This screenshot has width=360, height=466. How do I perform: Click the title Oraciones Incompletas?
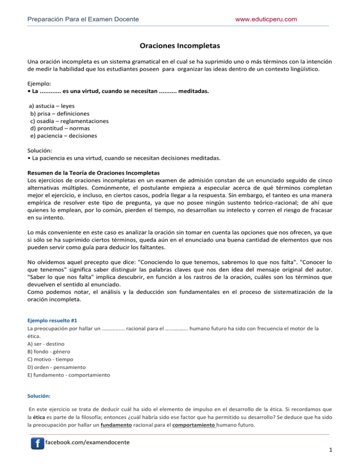coord(180,46)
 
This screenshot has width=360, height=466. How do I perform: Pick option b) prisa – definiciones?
coord(60,113)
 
